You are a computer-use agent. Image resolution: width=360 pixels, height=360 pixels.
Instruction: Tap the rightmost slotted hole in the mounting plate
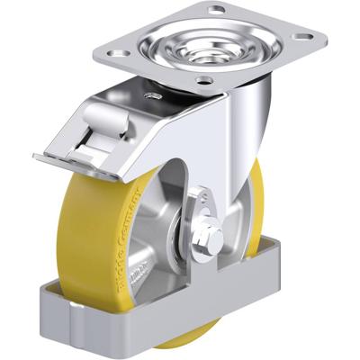pos(308,37)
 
